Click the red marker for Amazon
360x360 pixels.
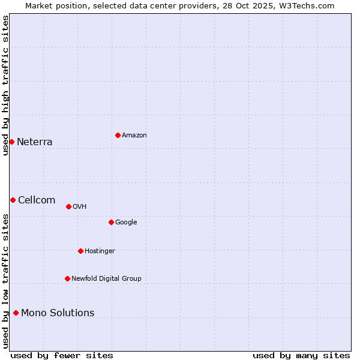pyautogui.click(x=118, y=135)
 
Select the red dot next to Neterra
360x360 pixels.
pyautogui.click(x=11, y=142)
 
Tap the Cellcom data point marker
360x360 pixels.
pyautogui.click(x=13, y=200)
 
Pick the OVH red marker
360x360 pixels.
pyautogui.click(x=68, y=206)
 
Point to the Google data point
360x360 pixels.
pyautogui.click(x=111, y=222)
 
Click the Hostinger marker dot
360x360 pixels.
pyautogui.click(x=80, y=251)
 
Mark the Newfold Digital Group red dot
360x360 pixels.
pyautogui.click(x=67, y=278)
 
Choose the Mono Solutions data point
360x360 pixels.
pyautogui.click(x=16, y=313)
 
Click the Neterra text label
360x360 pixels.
pyautogui.click(x=34, y=142)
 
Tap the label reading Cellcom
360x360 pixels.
pyautogui.click(x=37, y=200)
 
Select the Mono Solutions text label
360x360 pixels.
pyautogui.click(x=58, y=313)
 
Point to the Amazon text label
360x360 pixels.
pyautogui.click(x=134, y=136)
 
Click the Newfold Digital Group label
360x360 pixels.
pyautogui.click(x=106, y=278)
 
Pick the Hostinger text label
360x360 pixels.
pyautogui.click(x=100, y=251)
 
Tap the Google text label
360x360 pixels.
pyautogui.click(x=126, y=223)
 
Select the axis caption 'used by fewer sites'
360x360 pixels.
pyautogui.click(x=62, y=355)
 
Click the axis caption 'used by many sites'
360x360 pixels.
pyautogui.click(x=301, y=355)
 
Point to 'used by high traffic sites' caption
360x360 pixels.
pyautogui.click(x=5, y=85)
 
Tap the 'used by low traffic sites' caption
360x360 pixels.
pyautogui.click(x=5, y=281)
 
